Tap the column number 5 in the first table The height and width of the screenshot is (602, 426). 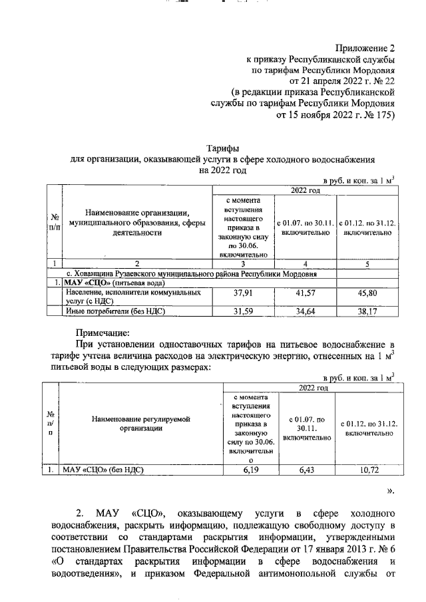point(367,263)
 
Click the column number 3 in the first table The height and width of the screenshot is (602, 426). point(240,263)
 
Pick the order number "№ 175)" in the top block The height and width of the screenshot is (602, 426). point(379,114)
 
